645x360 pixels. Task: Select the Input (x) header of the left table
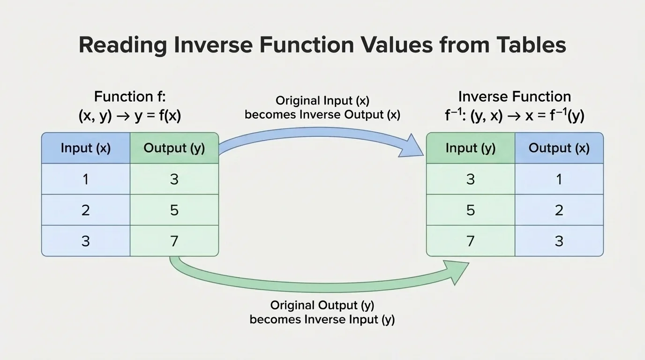85,148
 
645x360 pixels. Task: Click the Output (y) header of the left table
174,148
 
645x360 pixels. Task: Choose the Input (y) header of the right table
470,148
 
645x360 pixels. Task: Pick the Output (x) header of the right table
559,148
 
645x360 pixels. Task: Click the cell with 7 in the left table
174,241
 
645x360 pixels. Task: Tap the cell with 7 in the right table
470,241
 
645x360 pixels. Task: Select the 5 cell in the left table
174,210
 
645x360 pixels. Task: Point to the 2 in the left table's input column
85,210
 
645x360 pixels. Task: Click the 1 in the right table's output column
559,179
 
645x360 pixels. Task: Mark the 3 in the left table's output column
174,179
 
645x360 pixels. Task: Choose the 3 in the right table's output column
559,241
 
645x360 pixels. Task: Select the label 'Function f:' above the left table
130,97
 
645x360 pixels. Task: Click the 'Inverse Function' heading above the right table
514,97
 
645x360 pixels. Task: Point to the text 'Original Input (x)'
322,101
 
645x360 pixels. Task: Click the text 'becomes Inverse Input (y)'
322,320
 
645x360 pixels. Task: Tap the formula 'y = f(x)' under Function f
157,116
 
